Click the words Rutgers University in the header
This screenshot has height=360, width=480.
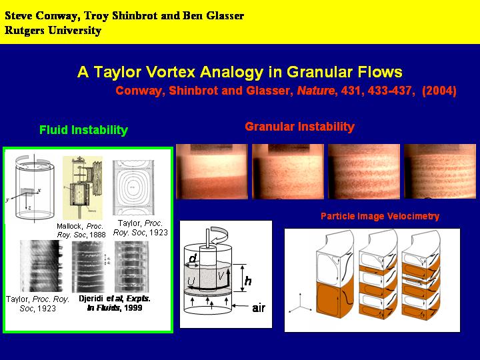click(53, 31)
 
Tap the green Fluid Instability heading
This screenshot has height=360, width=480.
click(83, 130)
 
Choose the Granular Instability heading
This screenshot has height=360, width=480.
click(299, 127)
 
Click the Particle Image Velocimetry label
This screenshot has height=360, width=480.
click(380, 217)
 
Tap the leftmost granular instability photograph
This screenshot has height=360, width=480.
click(212, 171)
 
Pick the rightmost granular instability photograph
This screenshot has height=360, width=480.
click(439, 171)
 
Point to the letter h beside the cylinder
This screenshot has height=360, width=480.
click(248, 281)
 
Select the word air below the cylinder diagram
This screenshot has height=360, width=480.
click(260, 309)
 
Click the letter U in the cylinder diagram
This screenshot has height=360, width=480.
click(191, 282)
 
